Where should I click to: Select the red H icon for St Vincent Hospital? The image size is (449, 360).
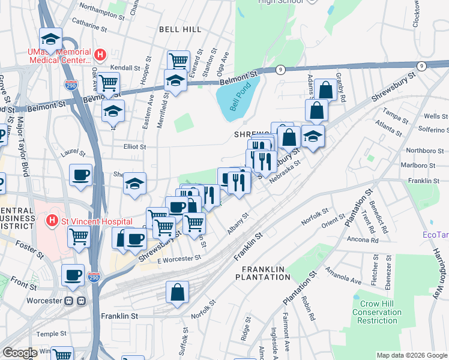(52, 221)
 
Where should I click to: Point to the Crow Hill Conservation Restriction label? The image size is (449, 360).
(376, 312)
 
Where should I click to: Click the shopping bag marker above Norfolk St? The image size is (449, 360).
(178, 293)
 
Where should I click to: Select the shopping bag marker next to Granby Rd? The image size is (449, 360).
(326, 91)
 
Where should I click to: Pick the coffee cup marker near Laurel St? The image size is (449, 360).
(81, 175)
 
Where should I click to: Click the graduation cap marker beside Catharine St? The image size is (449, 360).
(51, 40)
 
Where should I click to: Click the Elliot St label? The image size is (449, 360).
(134, 146)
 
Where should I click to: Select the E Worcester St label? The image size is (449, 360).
(179, 258)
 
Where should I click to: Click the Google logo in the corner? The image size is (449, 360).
(20, 353)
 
